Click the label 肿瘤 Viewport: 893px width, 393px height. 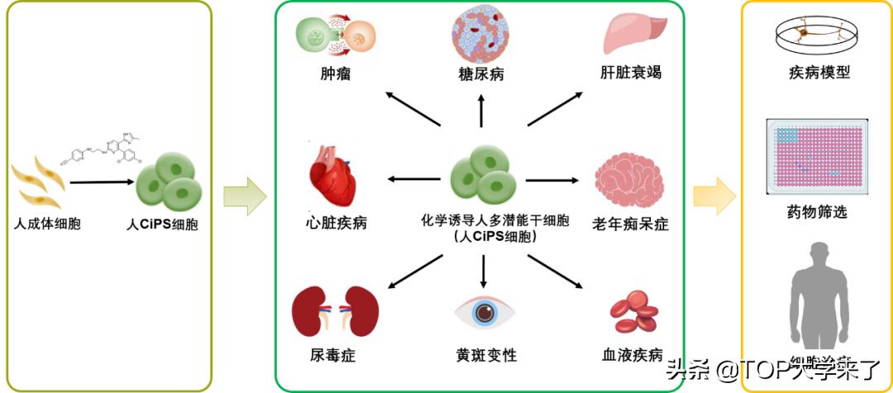(335, 74)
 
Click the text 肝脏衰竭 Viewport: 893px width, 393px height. (631, 73)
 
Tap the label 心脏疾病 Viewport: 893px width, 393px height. (335, 223)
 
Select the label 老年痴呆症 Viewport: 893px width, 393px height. (631, 223)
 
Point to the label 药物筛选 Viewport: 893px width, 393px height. (818, 213)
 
